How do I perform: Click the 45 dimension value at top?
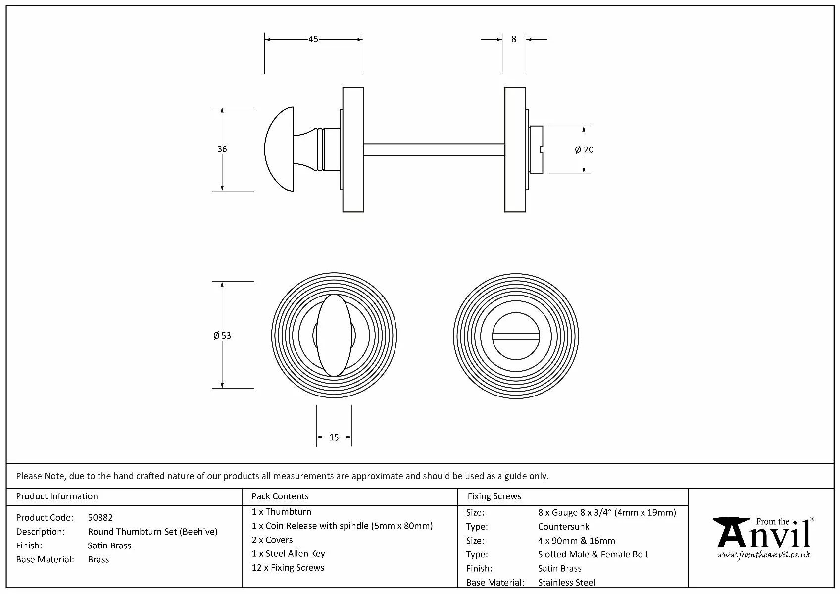(x=313, y=39)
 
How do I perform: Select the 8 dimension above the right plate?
(x=514, y=39)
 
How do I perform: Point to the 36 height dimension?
(x=222, y=149)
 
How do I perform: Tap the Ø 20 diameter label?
(x=584, y=149)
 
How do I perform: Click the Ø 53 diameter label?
(x=222, y=336)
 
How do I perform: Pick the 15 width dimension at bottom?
(x=334, y=437)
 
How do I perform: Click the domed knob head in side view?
(x=279, y=149)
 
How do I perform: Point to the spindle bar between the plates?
(x=434, y=149)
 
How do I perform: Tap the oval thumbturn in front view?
(x=334, y=335)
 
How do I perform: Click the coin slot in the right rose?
(x=516, y=336)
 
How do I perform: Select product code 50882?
(x=100, y=518)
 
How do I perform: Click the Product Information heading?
(x=57, y=496)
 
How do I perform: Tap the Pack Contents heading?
(x=280, y=496)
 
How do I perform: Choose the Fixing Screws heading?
(x=494, y=496)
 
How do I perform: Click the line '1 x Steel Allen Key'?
(x=289, y=554)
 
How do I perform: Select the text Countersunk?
(x=563, y=527)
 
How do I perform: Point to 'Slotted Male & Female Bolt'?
(x=593, y=554)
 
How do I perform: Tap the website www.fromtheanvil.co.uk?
(x=764, y=555)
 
